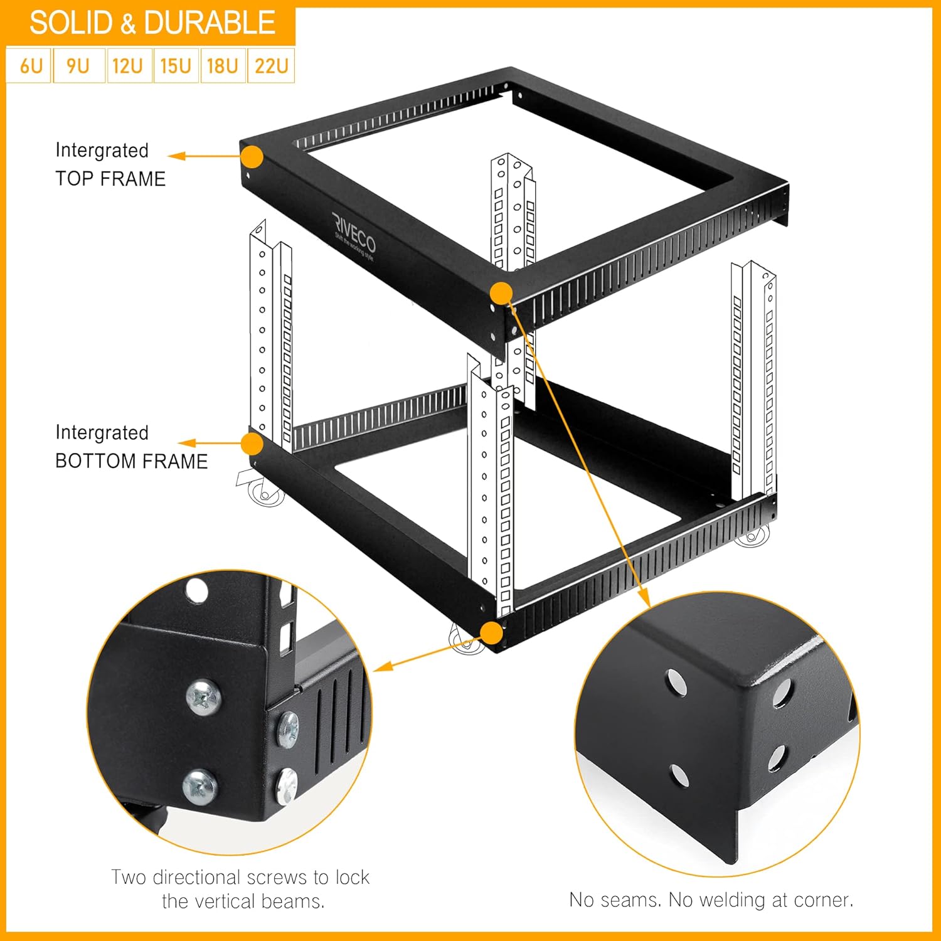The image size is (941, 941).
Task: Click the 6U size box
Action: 29,66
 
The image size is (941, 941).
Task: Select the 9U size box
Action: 78,66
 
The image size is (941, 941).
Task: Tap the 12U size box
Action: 129,66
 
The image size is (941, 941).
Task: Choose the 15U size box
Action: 176,66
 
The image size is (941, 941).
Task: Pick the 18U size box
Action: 223,66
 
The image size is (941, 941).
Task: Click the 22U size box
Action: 272,66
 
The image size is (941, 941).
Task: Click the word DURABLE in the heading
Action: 210,23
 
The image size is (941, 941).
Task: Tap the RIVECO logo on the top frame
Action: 354,235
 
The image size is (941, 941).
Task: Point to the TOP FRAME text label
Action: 110,179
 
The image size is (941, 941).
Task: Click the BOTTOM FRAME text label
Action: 132,461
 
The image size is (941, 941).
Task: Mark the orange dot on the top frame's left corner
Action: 252,157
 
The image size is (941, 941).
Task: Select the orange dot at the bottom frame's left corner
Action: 252,444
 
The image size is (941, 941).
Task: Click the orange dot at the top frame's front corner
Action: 501,293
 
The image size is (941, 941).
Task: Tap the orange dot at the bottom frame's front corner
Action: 492,633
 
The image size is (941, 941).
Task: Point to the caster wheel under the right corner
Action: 753,536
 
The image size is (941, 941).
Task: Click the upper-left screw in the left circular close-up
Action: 204,697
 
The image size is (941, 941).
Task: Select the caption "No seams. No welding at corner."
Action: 711,900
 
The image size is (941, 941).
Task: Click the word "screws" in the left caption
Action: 278,877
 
